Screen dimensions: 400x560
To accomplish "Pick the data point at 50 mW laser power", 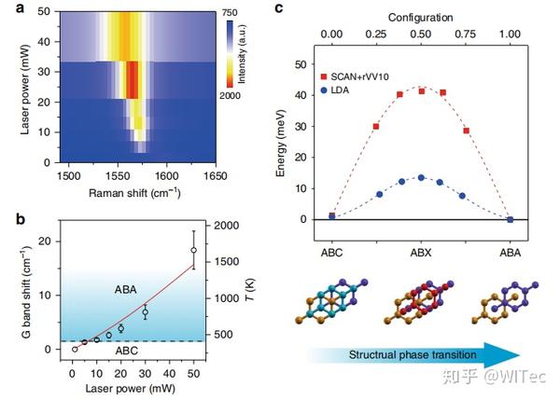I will coord(193,250).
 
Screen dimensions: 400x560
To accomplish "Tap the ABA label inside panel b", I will coord(126,289).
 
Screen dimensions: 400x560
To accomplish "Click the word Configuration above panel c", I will coord(421,16).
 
